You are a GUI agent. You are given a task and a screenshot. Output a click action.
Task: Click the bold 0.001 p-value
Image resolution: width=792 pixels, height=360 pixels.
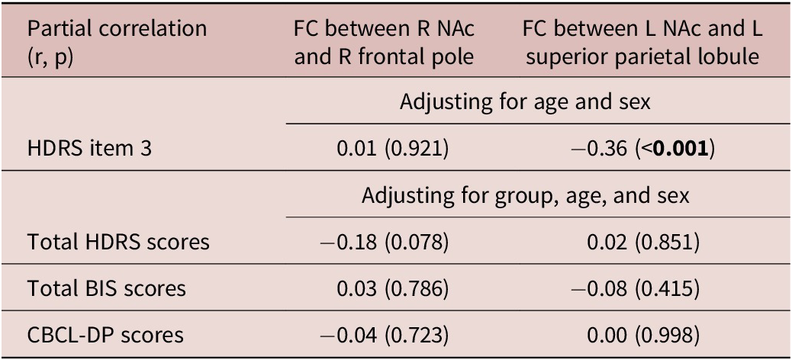682,149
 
